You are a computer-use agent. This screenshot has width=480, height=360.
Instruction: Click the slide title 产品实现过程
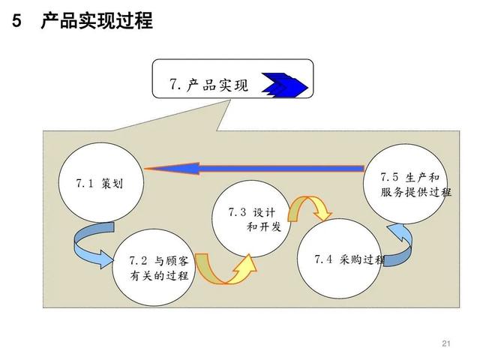tap(97, 21)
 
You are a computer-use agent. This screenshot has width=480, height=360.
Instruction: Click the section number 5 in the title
tap(16, 21)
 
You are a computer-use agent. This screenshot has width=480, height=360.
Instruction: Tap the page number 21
tap(446, 343)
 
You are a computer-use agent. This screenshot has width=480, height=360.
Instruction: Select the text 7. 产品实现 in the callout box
tap(208, 85)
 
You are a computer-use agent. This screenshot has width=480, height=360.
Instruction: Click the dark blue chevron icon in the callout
tap(284, 85)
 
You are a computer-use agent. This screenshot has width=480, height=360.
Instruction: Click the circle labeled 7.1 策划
tap(101, 182)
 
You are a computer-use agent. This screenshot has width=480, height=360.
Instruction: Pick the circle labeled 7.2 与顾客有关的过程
tap(154, 267)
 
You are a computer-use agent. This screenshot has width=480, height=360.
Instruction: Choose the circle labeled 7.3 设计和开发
tap(251, 218)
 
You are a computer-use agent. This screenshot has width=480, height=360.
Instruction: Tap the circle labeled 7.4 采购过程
tap(340, 259)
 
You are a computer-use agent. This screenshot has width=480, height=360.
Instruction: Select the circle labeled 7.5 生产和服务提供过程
tap(406, 184)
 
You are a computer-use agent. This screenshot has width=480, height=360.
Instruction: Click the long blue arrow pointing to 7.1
tap(254, 168)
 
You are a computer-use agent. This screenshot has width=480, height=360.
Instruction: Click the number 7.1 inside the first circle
tap(85, 183)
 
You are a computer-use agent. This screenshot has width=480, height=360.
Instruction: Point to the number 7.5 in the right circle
tap(389, 177)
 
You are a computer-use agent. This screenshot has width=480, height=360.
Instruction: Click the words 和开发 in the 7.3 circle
tap(264, 227)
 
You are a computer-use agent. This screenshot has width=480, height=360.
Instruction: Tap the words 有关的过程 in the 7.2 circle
tap(159, 276)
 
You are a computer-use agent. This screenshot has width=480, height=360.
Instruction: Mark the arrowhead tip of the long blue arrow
tap(145, 168)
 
